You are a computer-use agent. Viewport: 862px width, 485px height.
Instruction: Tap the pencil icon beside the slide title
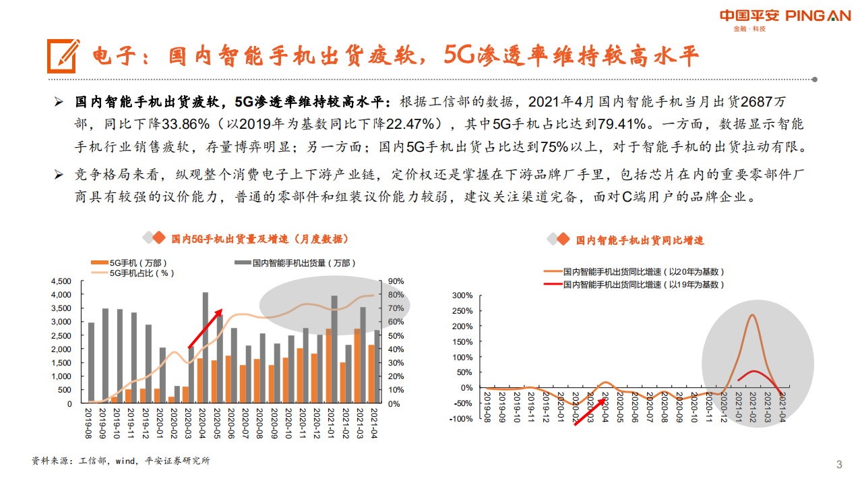tap(63, 55)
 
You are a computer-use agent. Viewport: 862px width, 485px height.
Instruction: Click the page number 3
tap(839, 464)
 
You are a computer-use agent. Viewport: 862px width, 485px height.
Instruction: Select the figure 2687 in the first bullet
tap(757, 103)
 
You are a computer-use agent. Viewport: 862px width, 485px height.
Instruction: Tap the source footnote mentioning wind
tap(121, 461)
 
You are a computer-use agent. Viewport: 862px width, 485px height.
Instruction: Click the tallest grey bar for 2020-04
tap(206, 347)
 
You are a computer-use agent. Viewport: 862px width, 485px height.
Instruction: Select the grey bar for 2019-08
tap(91, 362)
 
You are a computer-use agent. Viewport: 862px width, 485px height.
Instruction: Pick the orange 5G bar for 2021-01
tap(328, 366)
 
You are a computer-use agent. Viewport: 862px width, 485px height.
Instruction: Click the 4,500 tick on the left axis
tap(61, 281)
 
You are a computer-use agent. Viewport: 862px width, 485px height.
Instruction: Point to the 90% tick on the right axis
tap(396, 281)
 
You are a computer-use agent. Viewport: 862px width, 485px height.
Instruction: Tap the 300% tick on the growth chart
tap(462, 295)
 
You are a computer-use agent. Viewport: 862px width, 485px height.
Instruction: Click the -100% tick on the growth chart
tap(461, 419)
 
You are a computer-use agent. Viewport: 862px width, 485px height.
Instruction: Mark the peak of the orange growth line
tap(751, 315)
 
